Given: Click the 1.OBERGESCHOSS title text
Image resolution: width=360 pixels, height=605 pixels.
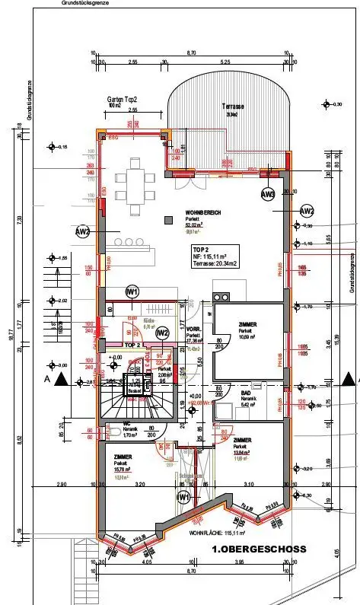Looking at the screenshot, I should point(259,548).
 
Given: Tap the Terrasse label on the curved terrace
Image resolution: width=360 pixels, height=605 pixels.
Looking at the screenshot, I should point(232,107).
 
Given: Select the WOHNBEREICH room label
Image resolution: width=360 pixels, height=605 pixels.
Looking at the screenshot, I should point(197,212).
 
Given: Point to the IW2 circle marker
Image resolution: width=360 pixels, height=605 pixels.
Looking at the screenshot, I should point(161,333).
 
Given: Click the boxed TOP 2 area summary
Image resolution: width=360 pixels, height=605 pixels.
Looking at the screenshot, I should point(216,255).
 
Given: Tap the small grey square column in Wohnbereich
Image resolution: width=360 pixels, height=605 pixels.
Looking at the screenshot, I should point(168,220).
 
